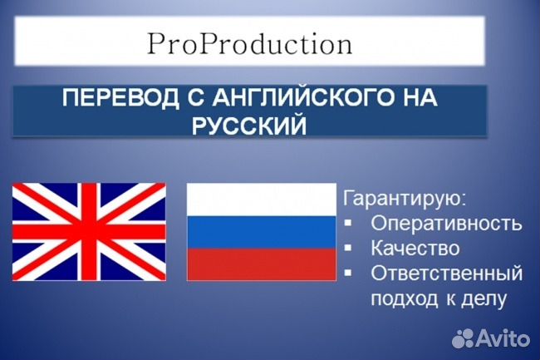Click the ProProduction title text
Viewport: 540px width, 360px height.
click(x=249, y=43)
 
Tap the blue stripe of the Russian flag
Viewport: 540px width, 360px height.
click(x=260, y=232)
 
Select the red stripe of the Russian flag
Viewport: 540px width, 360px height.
click(x=260, y=265)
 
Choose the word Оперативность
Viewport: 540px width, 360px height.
click(x=446, y=224)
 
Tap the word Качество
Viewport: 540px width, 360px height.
click(x=415, y=249)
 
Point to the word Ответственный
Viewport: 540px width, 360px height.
click(x=446, y=273)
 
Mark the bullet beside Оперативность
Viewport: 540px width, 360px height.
click(x=349, y=224)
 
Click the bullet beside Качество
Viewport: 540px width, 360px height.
click(x=349, y=249)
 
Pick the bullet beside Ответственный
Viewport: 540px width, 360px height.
click(x=349, y=273)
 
